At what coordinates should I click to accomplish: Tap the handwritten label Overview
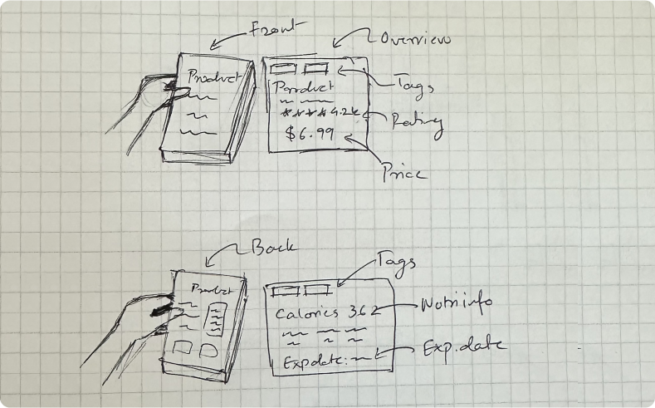click(413, 39)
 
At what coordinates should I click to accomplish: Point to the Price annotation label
click(405, 173)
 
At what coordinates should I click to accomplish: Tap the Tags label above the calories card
click(396, 260)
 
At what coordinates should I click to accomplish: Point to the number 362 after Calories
click(363, 312)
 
